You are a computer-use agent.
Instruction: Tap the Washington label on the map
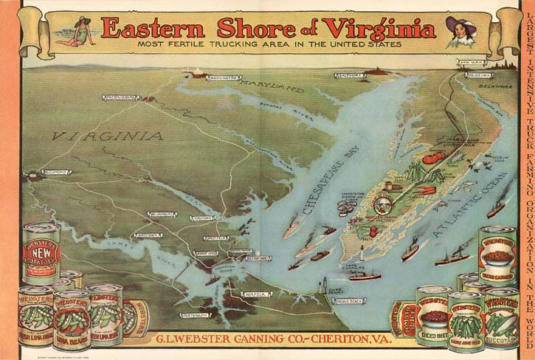(222, 77)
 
